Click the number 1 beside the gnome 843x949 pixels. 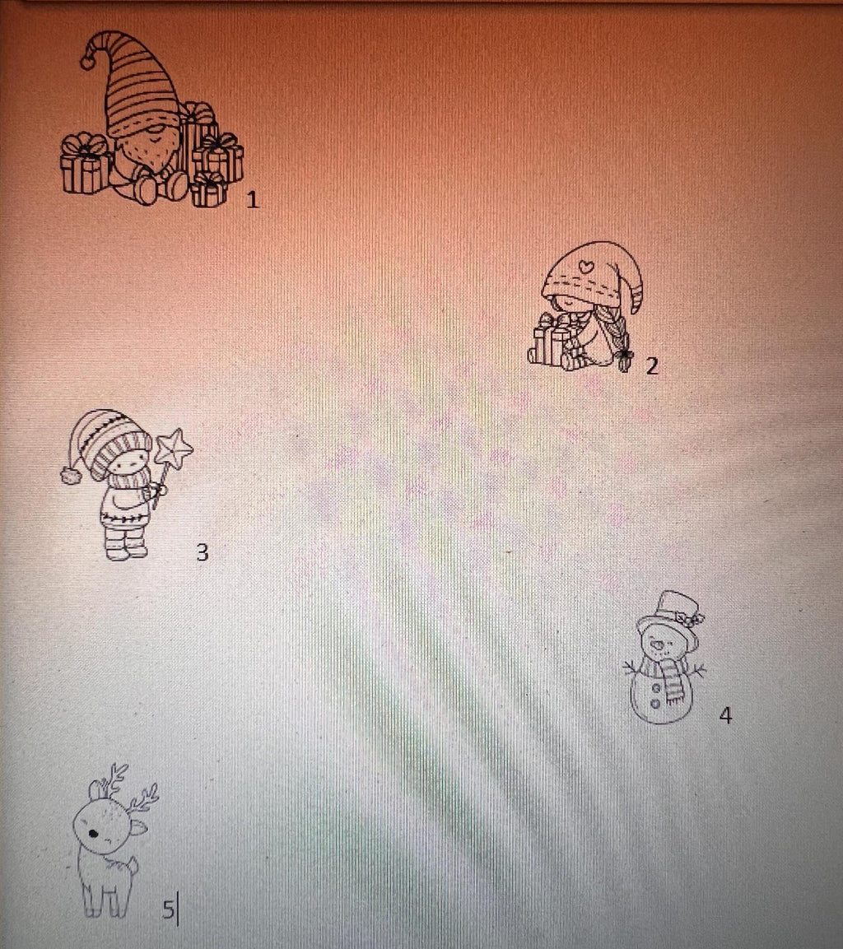coord(253,200)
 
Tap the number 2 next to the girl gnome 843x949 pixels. coord(652,366)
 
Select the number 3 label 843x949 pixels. coord(203,552)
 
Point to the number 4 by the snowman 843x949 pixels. coord(725,715)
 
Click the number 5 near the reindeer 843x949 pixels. coord(168,909)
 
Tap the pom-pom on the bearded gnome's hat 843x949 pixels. coord(88,61)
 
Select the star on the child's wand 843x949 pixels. coord(174,449)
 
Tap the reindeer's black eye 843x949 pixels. coord(93,834)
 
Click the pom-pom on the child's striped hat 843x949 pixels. coord(72,476)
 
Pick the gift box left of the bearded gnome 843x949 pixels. coord(86,164)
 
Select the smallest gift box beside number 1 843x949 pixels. coord(209,190)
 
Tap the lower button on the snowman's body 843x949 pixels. coord(655,704)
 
